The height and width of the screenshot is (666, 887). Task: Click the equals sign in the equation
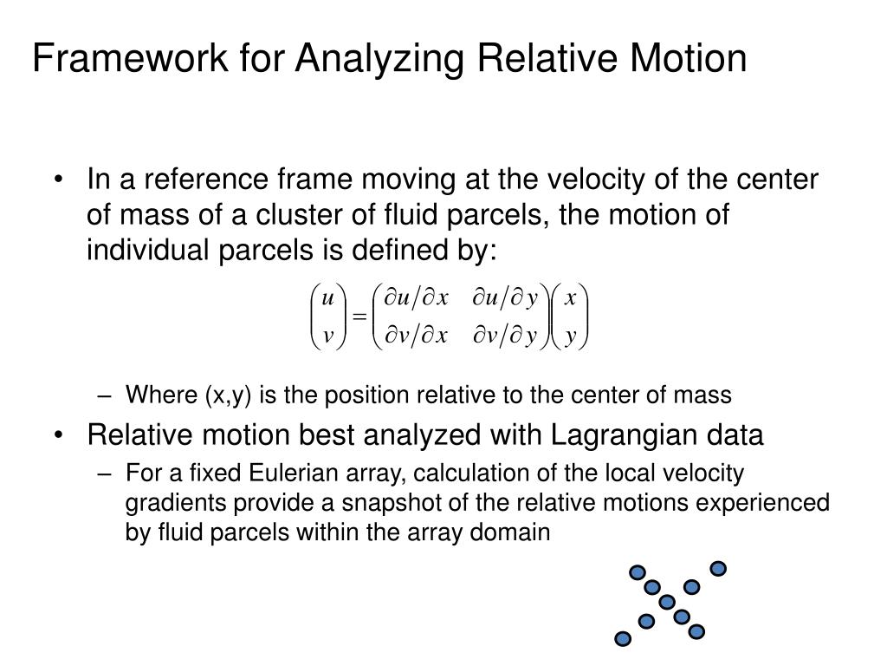[359, 317]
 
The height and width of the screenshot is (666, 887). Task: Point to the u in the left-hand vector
[327, 299]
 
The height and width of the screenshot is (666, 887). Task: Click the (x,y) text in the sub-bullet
[228, 395]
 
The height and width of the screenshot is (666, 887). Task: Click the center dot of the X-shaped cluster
[666, 602]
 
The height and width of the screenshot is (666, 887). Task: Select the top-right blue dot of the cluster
[717, 569]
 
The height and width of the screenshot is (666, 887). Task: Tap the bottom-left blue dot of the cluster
[621, 639]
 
